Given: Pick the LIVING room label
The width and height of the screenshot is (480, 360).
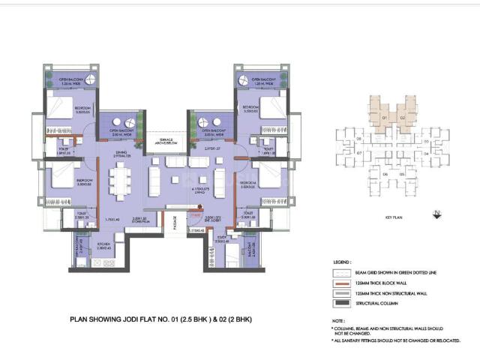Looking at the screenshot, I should [198, 191].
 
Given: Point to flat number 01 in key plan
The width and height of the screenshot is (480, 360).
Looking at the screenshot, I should [382, 118].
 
